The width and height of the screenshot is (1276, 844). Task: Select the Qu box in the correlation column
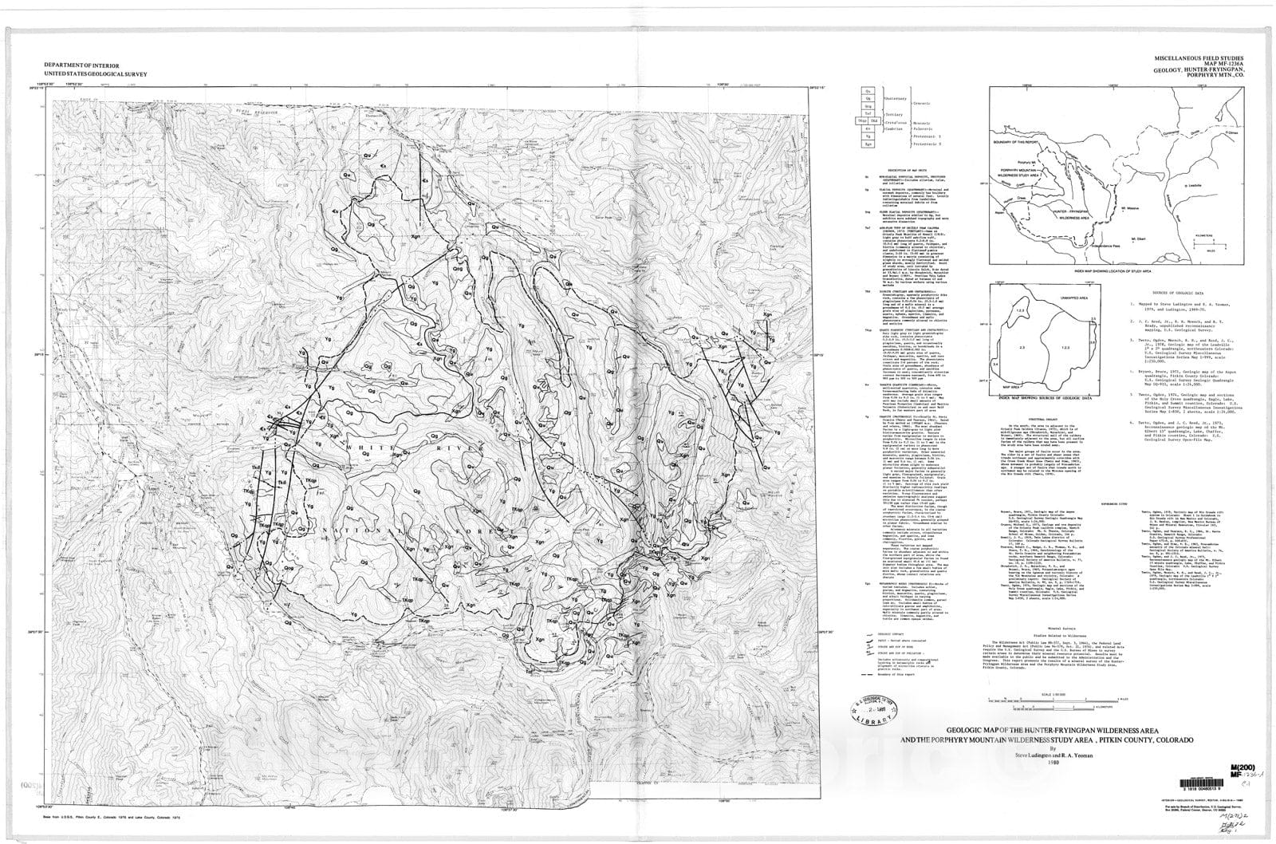(x=868, y=91)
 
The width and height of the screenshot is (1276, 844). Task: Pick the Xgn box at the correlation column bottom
(x=868, y=145)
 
